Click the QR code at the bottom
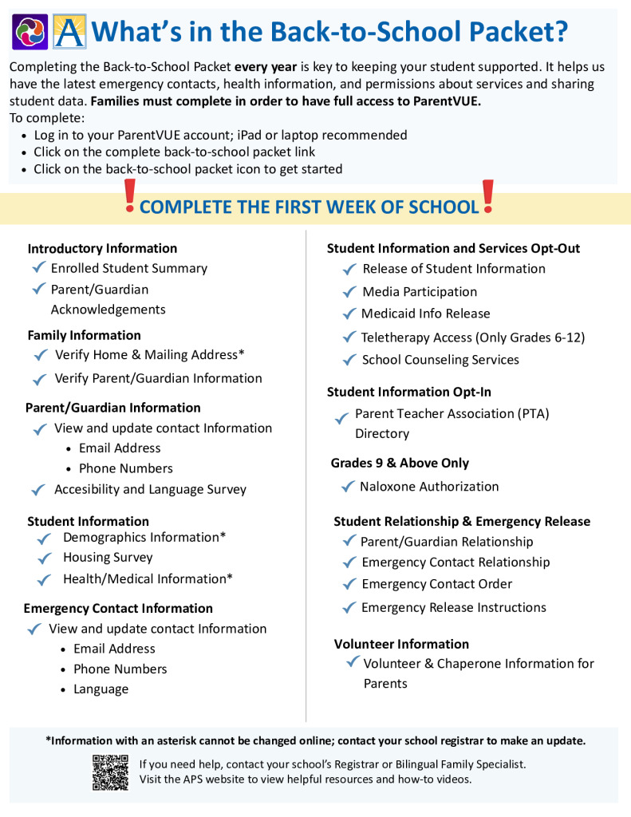point(110,772)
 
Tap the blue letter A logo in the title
point(69,31)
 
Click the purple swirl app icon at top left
point(30,31)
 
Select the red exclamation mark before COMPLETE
point(131,197)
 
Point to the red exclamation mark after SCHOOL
point(488,197)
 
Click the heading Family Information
point(84,335)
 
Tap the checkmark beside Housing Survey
point(45,558)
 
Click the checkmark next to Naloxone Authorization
point(347,487)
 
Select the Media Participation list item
point(420,292)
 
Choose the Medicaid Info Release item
point(425,314)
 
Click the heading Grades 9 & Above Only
point(400,463)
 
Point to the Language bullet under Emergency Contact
point(101,689)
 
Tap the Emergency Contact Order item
point(436,584)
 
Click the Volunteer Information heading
point(401,644)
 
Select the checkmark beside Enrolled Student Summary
point(37,268)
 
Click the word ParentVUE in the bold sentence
point(446,101)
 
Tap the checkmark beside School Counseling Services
point(349,360)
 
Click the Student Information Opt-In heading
point(409,392)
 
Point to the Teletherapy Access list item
point(472,337)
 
